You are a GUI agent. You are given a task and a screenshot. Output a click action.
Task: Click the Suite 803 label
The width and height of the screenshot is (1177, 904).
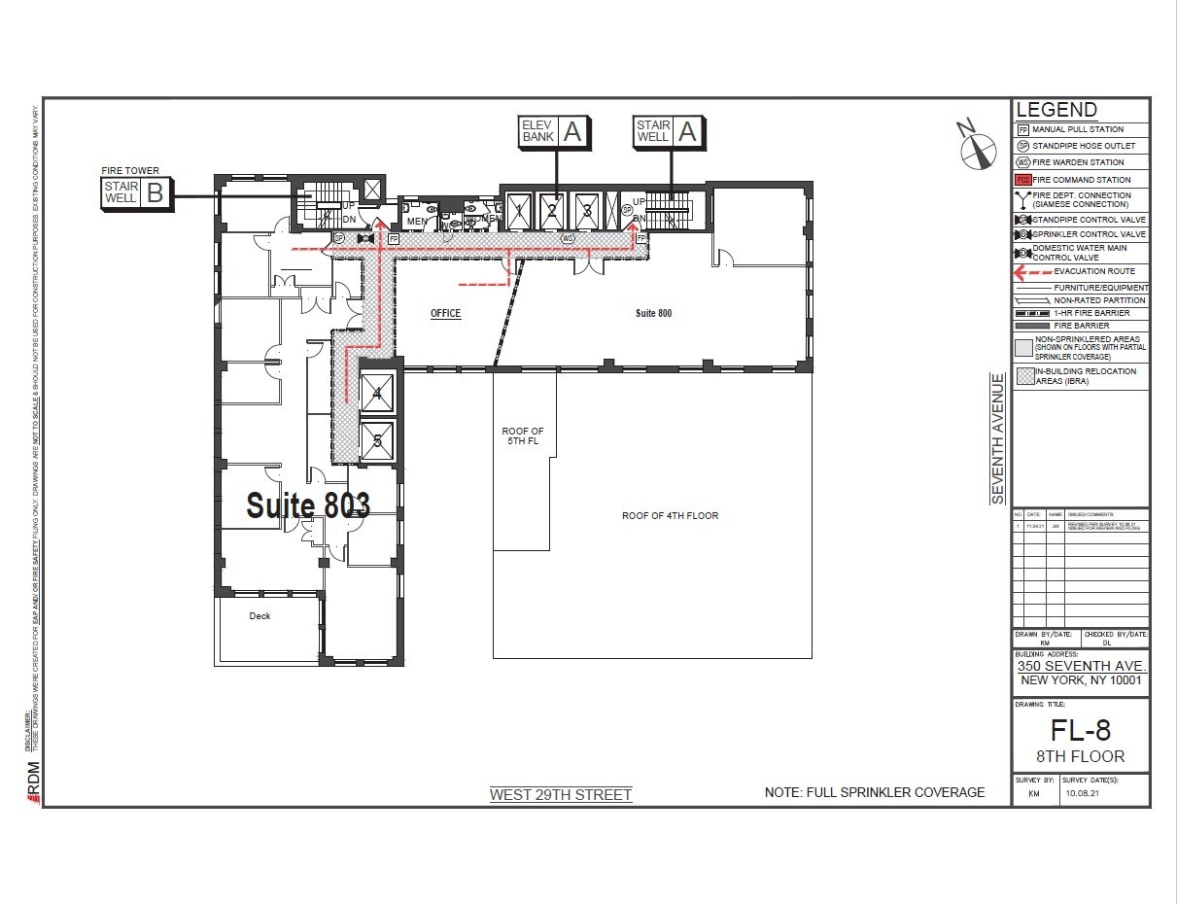pos(307,504)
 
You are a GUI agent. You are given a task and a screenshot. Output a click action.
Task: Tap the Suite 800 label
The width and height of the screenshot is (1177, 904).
pos(653,313)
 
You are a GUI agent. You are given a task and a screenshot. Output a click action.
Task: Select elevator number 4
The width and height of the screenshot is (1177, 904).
pos(377,394)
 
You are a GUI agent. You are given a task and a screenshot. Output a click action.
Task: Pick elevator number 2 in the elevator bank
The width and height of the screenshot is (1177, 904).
pos(552,210)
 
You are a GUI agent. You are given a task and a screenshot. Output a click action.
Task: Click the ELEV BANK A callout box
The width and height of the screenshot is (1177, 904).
pos(555,131)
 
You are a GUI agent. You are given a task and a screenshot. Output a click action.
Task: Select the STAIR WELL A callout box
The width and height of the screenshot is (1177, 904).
pos(669,131)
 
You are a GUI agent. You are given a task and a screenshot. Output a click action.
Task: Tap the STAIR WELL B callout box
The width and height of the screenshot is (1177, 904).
pos(136,192)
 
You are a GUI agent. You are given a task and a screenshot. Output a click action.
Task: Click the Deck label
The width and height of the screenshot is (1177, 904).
pos(260,616)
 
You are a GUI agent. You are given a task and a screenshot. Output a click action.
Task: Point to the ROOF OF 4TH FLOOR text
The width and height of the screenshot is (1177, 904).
pos(670,515)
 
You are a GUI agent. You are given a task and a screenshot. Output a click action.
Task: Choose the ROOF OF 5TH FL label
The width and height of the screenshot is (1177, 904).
pos(523,435)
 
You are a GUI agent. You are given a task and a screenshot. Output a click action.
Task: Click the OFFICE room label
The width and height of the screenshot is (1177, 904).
pos(445,314)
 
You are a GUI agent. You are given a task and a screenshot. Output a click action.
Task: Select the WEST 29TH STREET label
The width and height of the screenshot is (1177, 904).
pos(561,794)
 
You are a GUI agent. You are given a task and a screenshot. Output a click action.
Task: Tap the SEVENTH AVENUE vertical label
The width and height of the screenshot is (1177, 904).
pos(997,438)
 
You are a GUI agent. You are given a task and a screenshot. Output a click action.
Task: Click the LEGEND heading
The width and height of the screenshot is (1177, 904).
pos(1056,111)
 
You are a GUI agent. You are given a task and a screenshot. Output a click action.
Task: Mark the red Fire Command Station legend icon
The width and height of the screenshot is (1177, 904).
pos(1022,180)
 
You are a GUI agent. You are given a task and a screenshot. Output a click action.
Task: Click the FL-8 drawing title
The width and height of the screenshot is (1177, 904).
pos(1081,729)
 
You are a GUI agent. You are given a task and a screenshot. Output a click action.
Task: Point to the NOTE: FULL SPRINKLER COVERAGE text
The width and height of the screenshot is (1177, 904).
pos(875,792)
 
